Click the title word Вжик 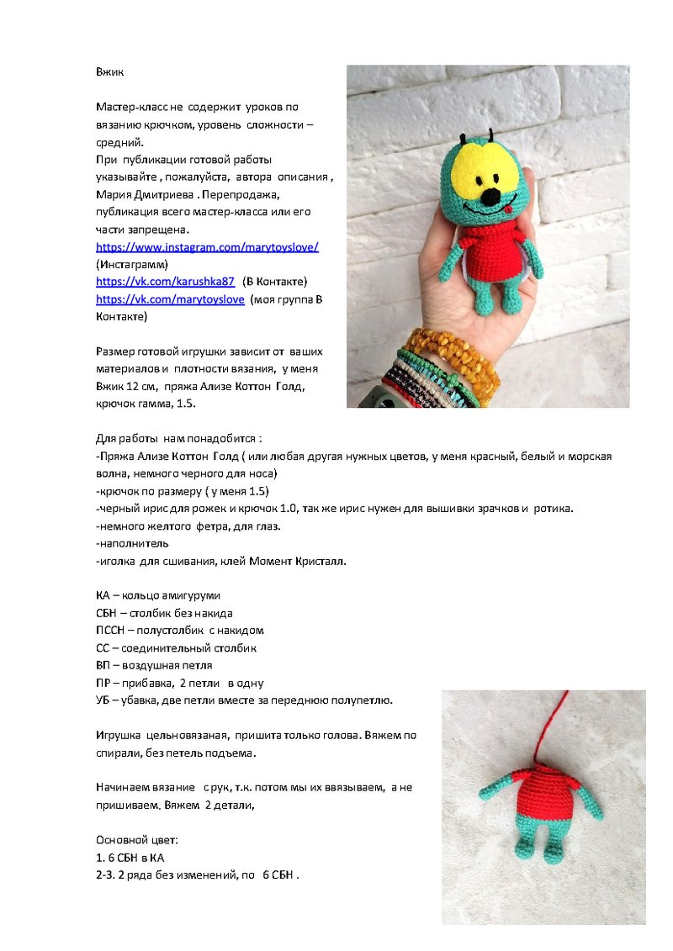[109, 72]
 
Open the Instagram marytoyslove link [207, 247]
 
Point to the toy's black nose [487, 202]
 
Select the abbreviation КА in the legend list [104, 595]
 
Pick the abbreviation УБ [104, 700]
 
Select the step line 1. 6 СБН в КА [130, 858]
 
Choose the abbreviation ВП [104, 665]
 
